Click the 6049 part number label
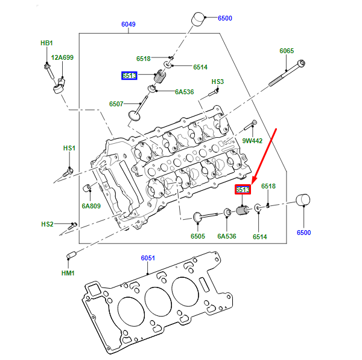point(128,25)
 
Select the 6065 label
point(287,51)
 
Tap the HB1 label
point(46,43)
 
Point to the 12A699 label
point(62,57)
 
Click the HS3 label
point(217,82)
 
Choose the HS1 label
point(69,148)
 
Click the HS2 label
point(48,224)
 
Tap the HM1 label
point(68,273)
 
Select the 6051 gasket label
point(148,258)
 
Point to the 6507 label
point(116,104)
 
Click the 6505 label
point(198,237)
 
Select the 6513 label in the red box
point(243,190)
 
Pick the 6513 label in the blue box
point(129,76)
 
